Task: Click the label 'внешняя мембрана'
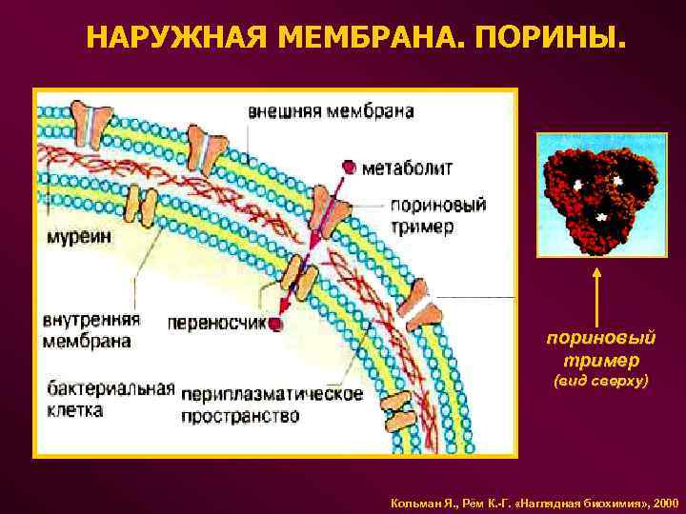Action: [x=331, y=111]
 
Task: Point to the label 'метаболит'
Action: [x=409, y=168]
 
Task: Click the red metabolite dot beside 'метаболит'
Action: [x=350, y=168]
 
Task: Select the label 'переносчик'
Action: [x=214, y=324]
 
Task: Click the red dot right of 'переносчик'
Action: [x=276, y=325]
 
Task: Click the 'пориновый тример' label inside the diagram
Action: [x=438, y=216]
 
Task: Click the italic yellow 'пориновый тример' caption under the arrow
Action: [x=601, y=349]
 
